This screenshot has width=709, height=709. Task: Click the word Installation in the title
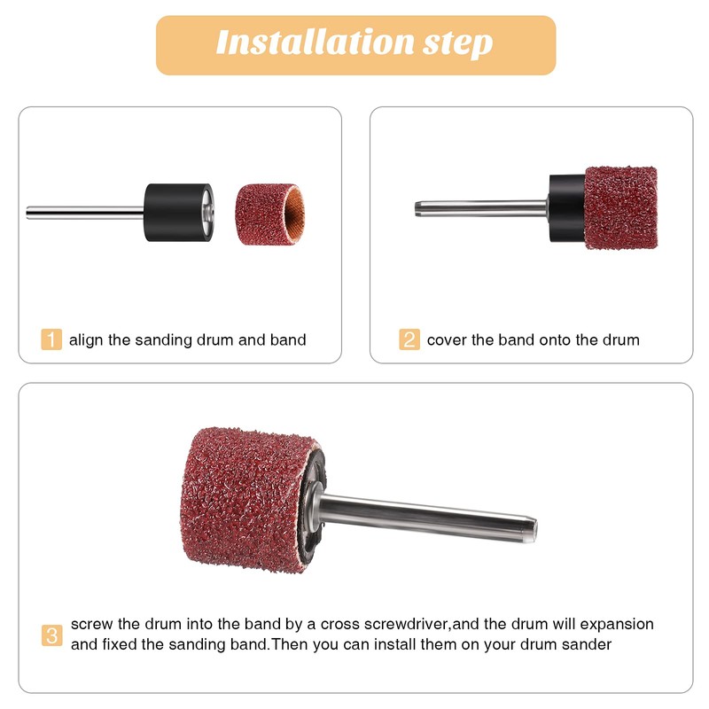point(315,42)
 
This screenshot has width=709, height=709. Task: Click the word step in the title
point(457,43)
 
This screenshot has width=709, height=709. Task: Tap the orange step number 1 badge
point(51,339)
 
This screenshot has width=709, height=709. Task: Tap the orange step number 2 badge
point(409,339)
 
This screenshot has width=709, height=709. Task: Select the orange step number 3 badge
point(52,635)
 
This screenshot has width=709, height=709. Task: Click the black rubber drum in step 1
point(178,212)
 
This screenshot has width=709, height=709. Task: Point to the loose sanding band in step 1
point(269,214)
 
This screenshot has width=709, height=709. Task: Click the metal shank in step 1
point(85,213)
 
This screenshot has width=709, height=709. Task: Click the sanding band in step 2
point(620,207)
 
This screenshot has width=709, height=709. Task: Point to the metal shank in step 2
point(481,208)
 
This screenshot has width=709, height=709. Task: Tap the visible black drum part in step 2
point(567,208)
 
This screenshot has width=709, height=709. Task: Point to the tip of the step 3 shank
point(535,529)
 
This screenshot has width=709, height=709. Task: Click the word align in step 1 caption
point(86,340)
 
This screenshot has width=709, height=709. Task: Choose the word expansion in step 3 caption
point(617,626)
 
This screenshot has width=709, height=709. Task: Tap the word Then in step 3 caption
point(290,644)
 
